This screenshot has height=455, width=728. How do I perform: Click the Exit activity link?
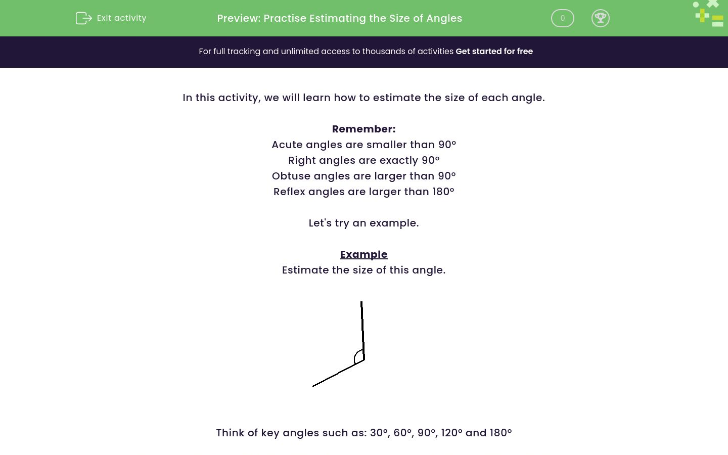121,18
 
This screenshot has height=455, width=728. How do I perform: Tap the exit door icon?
83,18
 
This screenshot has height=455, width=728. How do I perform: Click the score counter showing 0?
562,18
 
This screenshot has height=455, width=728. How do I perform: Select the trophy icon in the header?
600,18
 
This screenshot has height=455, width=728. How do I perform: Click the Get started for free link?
494,52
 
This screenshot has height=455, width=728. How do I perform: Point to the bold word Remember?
363,129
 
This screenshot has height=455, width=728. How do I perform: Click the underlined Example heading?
363,254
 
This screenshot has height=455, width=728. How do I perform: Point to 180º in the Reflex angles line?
443,192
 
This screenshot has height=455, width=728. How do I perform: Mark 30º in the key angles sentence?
379,433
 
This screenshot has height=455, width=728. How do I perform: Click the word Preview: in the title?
239,18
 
